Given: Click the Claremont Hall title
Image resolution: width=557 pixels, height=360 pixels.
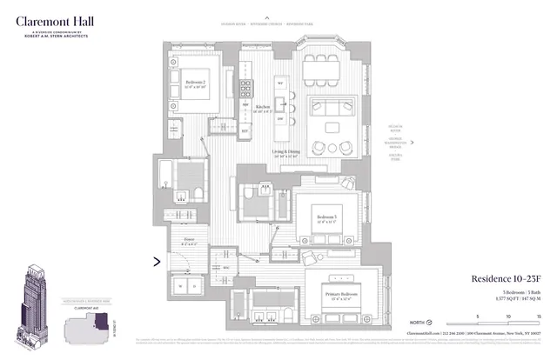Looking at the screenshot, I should [x=54, y=18].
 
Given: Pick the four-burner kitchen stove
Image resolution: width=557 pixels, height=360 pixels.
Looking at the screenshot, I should [x=245, y=88].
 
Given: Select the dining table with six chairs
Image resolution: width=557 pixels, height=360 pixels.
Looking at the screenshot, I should [x=329, y=65].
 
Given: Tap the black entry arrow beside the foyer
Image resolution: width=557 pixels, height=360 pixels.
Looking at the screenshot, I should [x=157, y=259].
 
